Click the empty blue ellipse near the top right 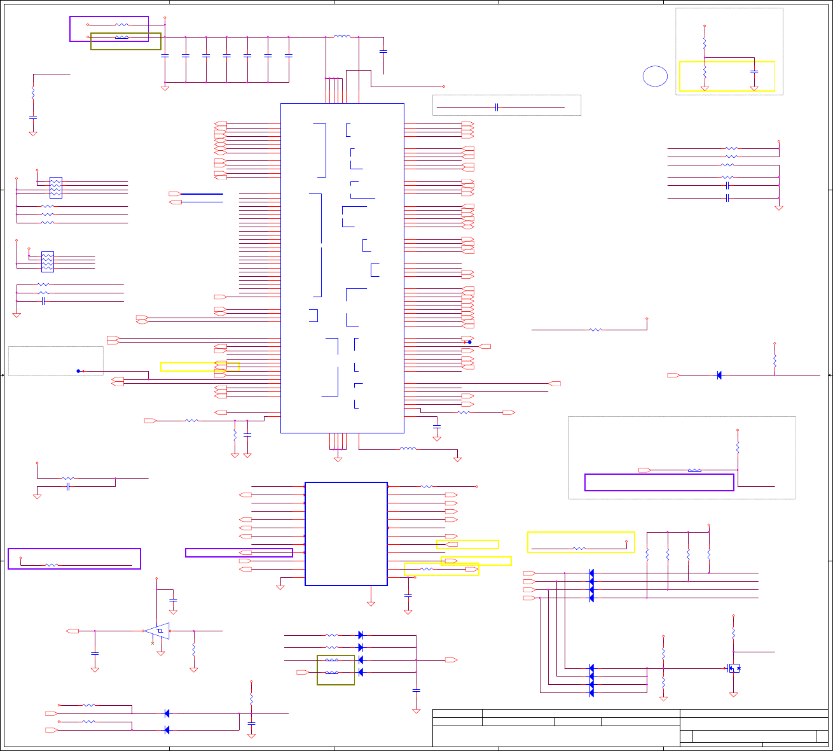pyautogui.click(x=655, y=76)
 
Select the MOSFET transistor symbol pyautogui.click(x=734, y=668)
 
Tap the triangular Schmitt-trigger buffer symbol pyautogui.click(x=157, y=631)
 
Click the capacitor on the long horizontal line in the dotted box pyautogui.click(x=496, y=107)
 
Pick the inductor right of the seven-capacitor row pyautogui.click(x=342, y=36)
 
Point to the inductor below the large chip pyautogui.click(x=408, y=449)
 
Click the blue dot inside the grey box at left pyautogui.click(x=78, y=371)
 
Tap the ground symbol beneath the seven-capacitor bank pyautogui.click(x=165, y=88)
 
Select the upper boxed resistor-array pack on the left pyautogui.click(x=55, y=187)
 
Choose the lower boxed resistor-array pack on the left pyautogui.click(x=48, y=262)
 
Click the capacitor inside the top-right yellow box pyautogui.click(x=754, y=72)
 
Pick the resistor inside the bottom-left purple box pyautogui.click(x=52, y=565)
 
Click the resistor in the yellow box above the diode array pyautogui.click(x=579, y=548)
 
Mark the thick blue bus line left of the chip pyautogui.click(x=202, y=193)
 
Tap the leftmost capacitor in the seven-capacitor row pyautogui.click(x=165, y=56)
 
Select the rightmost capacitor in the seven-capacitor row pyautogui.click(x=289, y=56)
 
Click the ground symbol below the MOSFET pyautogui.click(x=734, y=694)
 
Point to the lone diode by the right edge pyautogui.click(x=719, y=375)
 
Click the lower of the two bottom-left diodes pyautogui.click(x=167, y=730)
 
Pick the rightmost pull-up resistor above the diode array pyautogui.click(x=709, y=554)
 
